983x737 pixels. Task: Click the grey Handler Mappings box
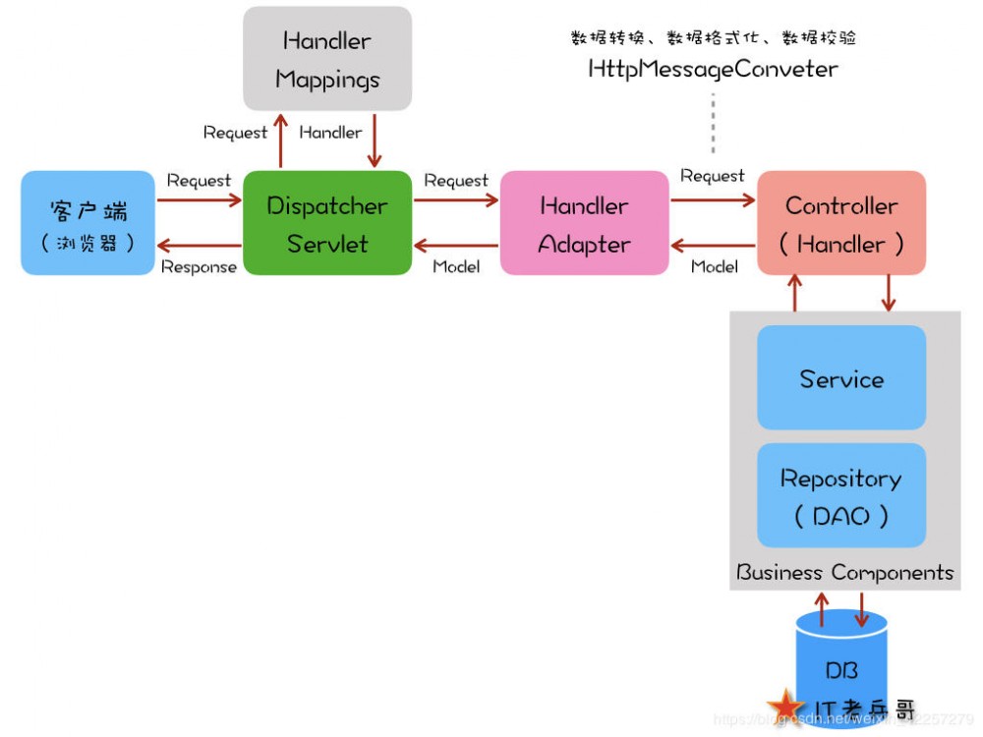tap(327, 59)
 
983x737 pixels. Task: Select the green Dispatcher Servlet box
tap(327, 223)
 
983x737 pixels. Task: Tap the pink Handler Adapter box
tap(584, 223)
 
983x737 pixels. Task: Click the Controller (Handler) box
tap(841, 223)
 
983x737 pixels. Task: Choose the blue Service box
tap(841, 378)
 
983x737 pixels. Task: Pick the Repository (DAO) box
tap(841, 495)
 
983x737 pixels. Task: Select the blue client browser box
tap(88, 223)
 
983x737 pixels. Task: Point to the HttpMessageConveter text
tap(713, 69)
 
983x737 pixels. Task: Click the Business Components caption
tap(845, 572)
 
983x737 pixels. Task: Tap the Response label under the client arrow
tap(199, 266)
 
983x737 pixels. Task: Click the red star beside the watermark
tap(785, 706)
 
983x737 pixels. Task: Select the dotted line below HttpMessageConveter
tap(714, 123)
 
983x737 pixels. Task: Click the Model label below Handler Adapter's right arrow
tap(715, 266)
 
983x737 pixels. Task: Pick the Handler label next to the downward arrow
tap(330, 132)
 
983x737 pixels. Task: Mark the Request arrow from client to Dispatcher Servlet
tap(200, 199)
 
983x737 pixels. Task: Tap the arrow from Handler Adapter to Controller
tap(713, 199)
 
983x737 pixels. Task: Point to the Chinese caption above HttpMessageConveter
tap(713, 38)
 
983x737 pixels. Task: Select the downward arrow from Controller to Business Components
tap(890, 293)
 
